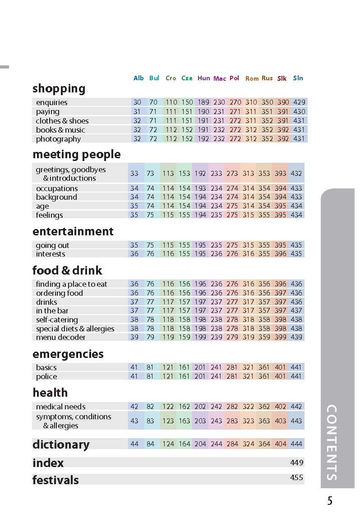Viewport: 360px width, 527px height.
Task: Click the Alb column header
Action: click(138, 78)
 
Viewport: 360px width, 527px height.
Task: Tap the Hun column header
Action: click(203, 78)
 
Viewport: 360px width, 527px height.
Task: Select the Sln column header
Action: click(298, 78)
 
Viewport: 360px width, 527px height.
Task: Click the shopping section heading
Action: click(59, 88)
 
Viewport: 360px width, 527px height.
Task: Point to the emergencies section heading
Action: click(68, 354)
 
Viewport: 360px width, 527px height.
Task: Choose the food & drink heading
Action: click(67, 270)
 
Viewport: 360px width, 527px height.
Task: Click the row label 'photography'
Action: click(58, 139)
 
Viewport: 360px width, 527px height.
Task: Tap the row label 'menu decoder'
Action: click(60, 337)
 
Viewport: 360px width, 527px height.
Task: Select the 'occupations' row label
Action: click(57, 188)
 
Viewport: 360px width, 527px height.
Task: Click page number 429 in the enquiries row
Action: click(299, 102)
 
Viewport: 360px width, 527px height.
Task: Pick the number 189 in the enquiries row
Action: click(203, 102)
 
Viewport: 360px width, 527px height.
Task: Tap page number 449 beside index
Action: click(296, 463)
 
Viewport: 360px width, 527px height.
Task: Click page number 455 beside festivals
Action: click(296, 478)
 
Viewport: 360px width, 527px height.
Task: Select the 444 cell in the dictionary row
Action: click(296, 444)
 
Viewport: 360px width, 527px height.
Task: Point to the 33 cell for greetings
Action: click(134, 174)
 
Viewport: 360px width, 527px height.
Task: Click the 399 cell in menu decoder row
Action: click(280, 337)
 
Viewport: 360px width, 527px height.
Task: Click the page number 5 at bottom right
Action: click(330, 501)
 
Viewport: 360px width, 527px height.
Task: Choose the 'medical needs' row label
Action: click(60, 407)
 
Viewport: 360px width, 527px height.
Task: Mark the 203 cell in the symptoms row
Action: click(200, 421)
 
